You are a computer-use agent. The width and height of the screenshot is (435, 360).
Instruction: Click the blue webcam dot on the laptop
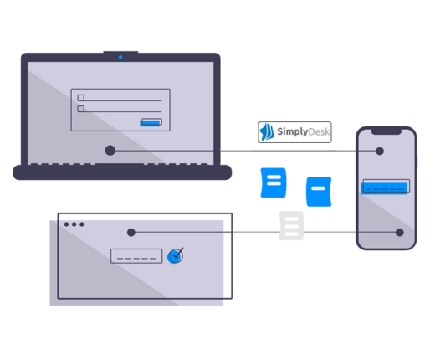point(120,57)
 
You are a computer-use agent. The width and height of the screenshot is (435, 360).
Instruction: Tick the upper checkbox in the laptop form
point(81,98)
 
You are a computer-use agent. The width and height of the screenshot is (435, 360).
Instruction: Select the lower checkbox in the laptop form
point(81,109)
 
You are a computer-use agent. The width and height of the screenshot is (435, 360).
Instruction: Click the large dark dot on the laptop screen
point(110,151)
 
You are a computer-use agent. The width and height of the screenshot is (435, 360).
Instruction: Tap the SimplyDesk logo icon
point(267,132)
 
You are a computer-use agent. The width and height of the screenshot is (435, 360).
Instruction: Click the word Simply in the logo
point(293,131)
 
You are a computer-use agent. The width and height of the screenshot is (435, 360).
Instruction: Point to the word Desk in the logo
point(319,131)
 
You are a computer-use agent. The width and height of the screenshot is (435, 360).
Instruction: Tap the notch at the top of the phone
point(386,131)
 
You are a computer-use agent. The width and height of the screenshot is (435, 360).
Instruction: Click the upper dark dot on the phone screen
point(380,152)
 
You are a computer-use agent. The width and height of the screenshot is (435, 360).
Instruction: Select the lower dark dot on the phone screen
point(400,233)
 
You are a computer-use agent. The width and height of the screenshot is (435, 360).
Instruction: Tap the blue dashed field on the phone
point(385,187)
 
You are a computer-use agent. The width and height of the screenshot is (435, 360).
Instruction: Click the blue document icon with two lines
point(274,183)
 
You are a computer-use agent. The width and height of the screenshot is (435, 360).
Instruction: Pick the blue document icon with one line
point(319,192)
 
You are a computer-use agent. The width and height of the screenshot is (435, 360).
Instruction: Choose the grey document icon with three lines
point(291,226)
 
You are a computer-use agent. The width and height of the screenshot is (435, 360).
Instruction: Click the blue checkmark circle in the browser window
point(175,255)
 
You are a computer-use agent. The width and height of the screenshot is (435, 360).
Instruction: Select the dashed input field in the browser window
point(136,256)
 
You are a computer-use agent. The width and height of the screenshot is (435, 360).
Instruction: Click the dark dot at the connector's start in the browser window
point(131,233)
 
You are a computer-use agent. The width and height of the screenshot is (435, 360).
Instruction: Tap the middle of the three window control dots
point(74,224)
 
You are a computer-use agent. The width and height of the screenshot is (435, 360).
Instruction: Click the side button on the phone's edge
point(417,162)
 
